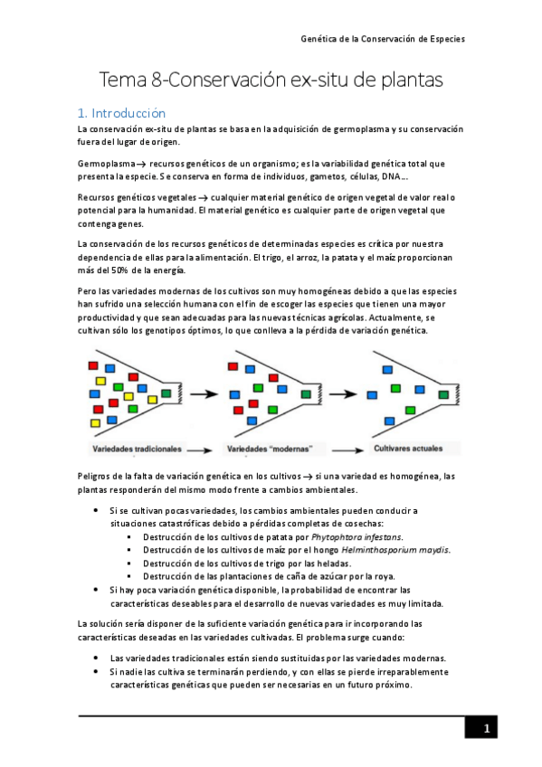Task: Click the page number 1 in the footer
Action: click(x=486, y=729)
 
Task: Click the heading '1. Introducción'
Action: click(x=122, y=113)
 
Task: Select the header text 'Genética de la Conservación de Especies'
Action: click(x=383, y=40)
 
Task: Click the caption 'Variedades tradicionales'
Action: click(x=137, y=449)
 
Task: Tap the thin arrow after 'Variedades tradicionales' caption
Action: click(x=204, y=449)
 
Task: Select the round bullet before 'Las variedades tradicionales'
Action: click(x=98, y=658)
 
